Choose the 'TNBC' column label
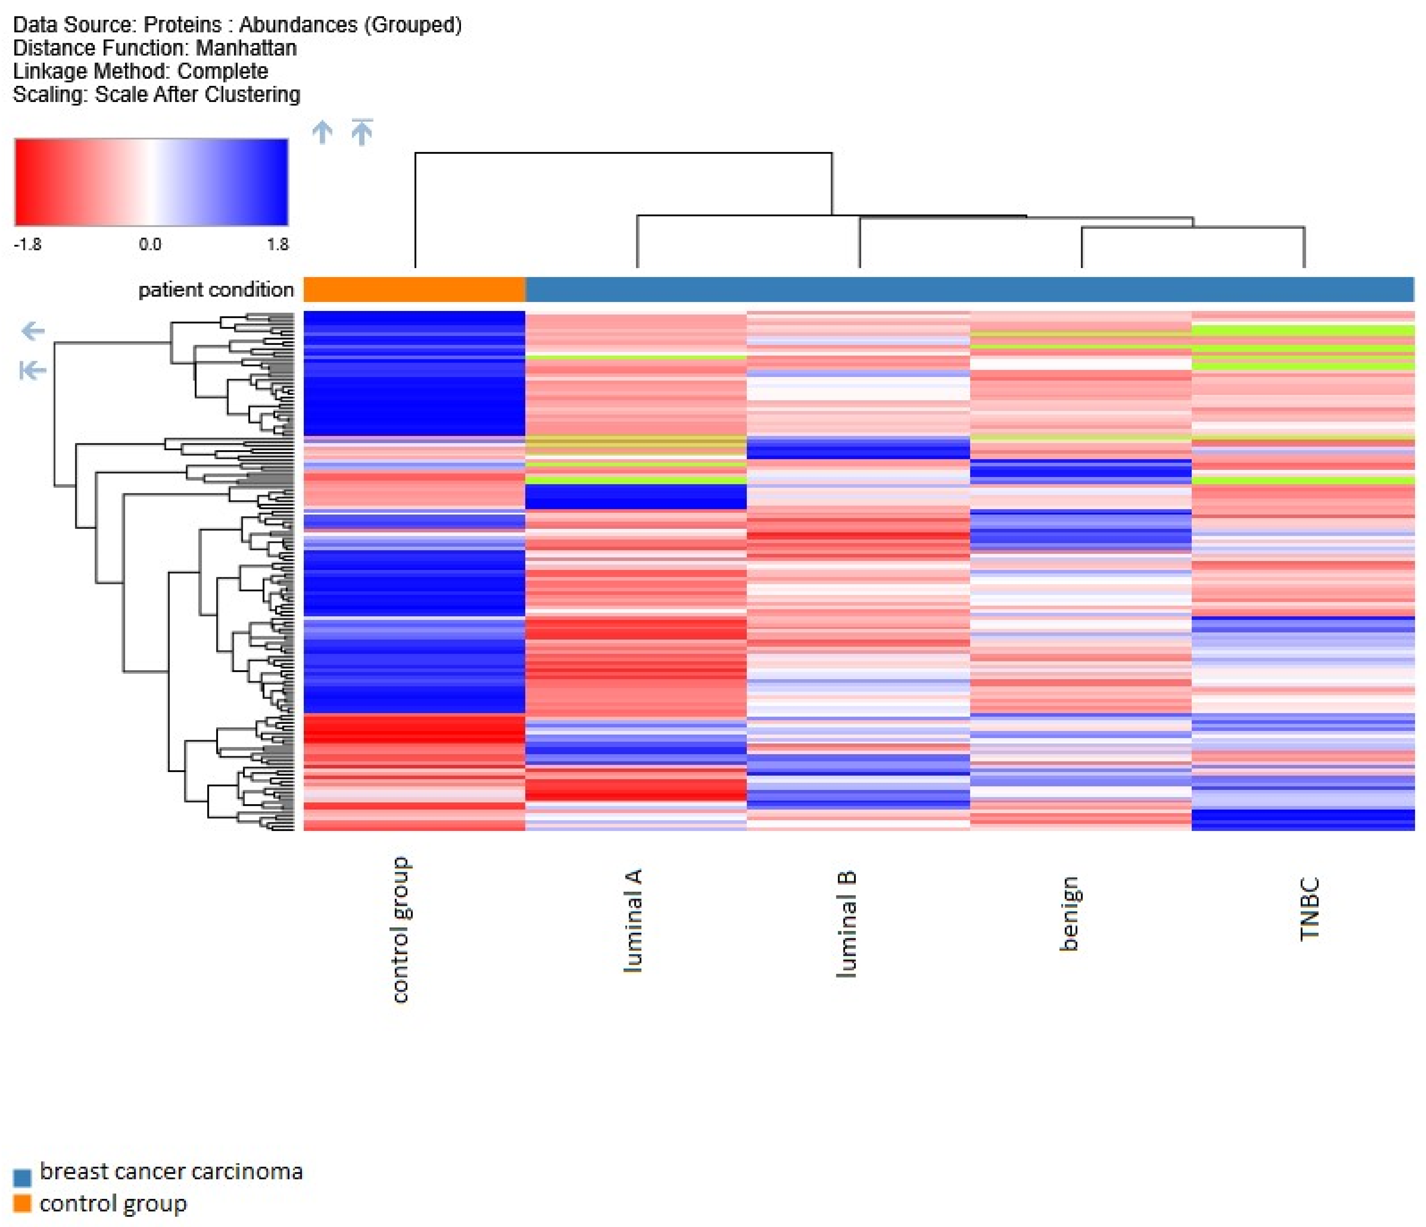1309,908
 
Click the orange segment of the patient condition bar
414,289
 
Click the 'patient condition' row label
216,290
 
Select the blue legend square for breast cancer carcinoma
22,1177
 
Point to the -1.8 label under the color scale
27,244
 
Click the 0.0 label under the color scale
150,244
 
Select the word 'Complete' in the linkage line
222,72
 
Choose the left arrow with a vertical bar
32,371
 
